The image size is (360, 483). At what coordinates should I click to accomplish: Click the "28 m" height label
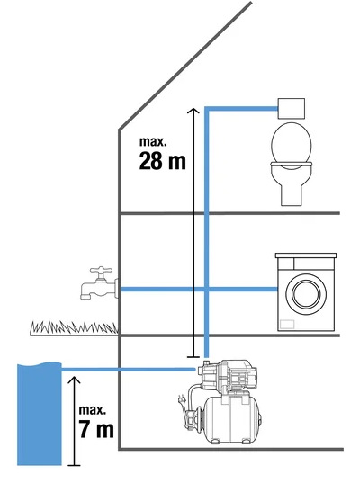point(162,161)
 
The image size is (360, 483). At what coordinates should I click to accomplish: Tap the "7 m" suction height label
point(96,429)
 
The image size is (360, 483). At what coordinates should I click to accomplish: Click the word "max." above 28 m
point(153,141)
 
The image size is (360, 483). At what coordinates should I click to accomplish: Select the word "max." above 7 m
point(93,409)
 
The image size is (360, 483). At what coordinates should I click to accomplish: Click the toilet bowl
point(292,165)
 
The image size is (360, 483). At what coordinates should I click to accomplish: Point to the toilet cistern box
point(292,109)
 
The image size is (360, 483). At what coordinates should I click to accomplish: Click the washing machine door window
point(306,293)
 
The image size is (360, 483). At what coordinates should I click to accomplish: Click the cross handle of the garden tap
point(101,271)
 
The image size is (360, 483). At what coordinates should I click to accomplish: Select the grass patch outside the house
point(74,328)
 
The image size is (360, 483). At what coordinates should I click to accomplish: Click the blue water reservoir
point(39,413)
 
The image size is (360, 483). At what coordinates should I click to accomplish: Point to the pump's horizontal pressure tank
point(233,419)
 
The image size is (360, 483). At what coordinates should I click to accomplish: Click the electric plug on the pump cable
point(180,399)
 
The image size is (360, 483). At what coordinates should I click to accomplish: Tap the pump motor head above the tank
point(228,374)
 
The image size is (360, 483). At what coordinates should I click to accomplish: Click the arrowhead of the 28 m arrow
point(193,111)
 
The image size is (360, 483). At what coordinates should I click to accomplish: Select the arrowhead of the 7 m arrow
point(74,380)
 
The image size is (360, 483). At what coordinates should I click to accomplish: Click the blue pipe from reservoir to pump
point(129,370)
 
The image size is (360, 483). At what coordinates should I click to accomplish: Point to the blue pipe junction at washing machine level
point(207,290)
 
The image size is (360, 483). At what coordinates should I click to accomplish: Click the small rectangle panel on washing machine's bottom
point(287,325)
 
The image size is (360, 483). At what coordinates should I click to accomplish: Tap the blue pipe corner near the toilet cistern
point(207,109)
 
